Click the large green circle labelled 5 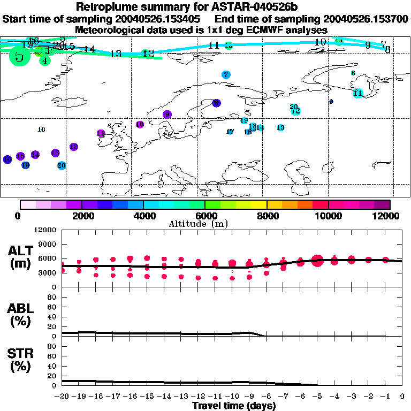[x=19, y=56]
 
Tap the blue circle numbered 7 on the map [x=226, y=75]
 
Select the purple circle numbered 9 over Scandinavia [x=168, y=115]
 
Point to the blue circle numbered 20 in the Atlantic [x=62, y=165]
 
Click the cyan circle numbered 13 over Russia [x=280, y=127]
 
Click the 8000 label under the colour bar [x=267, y=216]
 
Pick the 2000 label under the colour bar [x=81, y=216]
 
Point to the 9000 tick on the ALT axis [x=47, y=244]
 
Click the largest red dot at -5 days [x=317, y=261]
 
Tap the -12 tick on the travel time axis [x=197, y=397]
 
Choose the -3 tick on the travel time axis [x=351, y=397]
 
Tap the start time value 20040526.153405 [x=162, y=19]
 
